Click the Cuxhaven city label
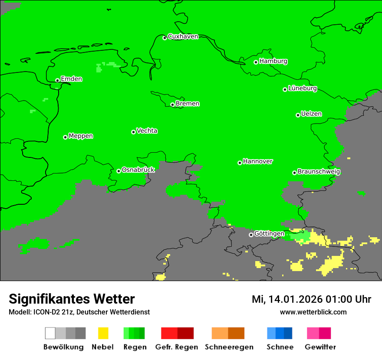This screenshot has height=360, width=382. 183,36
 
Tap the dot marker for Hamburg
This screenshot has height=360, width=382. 256,62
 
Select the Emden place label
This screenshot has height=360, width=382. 71,79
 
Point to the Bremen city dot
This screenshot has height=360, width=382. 172,105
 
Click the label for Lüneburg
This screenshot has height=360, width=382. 303,88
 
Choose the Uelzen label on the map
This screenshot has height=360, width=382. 311,114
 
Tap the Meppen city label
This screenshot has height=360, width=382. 81,136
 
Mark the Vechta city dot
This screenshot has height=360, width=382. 133,132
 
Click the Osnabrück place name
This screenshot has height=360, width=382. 138,170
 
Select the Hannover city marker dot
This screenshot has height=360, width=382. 240,163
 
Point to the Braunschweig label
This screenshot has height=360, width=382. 319,172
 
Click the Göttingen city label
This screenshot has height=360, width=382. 269,234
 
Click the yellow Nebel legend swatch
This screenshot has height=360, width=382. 103,333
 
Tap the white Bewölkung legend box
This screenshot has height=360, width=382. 50,333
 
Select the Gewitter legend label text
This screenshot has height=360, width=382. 320,347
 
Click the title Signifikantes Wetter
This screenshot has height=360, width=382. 72,299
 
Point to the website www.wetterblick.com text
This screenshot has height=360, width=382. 313,312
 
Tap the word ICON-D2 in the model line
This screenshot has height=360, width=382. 44,312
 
